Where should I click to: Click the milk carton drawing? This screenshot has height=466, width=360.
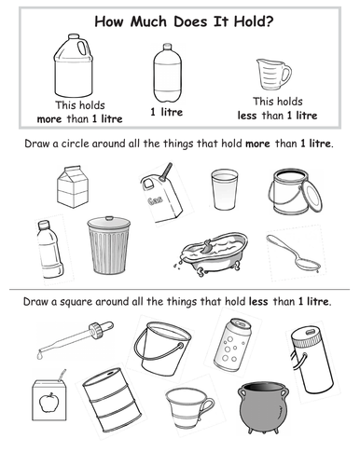point(73,186)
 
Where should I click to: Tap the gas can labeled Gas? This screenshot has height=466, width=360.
point(160,196)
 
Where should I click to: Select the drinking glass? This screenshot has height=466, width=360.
point(224,189)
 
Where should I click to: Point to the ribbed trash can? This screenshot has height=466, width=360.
point(109,245)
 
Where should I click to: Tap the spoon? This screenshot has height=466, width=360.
point(293,252)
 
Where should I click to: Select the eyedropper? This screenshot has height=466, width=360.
point(76,339)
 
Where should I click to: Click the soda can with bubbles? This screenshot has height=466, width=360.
point(232,345)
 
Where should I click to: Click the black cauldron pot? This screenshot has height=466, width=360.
point(263,407)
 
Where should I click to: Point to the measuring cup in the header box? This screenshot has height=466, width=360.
point(273,74)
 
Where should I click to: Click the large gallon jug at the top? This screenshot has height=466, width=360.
point(74,66)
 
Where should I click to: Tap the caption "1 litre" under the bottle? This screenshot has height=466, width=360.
point(167,112)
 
